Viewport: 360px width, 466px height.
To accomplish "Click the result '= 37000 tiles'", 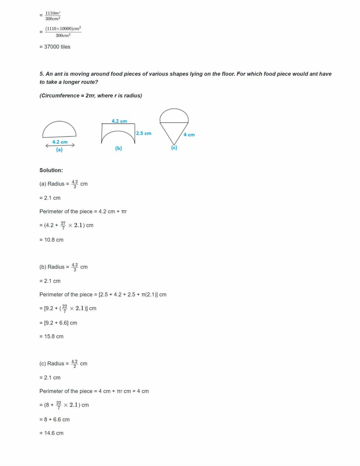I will (x=55, y=47).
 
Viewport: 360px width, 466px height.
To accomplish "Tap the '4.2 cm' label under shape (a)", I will (x=60, y=142).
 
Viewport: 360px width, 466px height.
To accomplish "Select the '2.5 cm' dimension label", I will (x=144, y=133).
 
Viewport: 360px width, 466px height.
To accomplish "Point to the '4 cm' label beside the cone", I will (x=189, y=135).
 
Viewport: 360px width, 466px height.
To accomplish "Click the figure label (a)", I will (x=59, y=150).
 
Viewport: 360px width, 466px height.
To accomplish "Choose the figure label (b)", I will (x=118, y=148).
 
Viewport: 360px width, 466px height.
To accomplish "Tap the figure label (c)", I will (x=174, y=148).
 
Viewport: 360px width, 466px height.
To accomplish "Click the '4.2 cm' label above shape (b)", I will (x=119, y=121).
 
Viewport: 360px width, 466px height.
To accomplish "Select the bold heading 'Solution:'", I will (x=51, y=170).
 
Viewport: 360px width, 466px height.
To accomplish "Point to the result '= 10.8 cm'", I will (x=51, y=240).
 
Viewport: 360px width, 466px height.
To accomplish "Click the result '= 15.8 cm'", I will (x=51, y=336).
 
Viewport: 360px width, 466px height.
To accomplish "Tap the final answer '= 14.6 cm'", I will (x=51, y=433).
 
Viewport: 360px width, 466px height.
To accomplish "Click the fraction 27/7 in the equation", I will (x=63, y=225).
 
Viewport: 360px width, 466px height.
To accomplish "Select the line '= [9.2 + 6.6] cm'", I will (x=58, y=323).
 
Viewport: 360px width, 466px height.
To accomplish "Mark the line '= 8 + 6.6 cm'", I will (x=54, y=420).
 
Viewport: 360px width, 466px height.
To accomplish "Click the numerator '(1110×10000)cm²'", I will (x=63, y=29).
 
